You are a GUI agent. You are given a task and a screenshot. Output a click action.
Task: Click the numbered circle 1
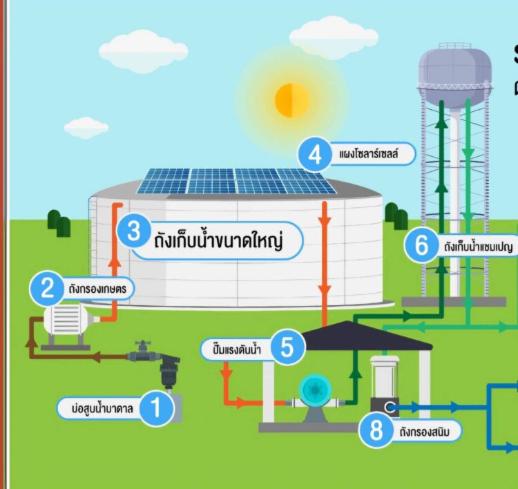[x=157, y=407]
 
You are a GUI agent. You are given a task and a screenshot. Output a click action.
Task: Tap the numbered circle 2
[x=48, y=288]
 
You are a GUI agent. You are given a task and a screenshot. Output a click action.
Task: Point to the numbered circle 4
[x=315, y=155]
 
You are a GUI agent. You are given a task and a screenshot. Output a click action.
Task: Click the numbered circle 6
[x=421, y=246]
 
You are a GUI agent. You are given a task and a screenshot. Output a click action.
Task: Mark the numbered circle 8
[x=376, y=432]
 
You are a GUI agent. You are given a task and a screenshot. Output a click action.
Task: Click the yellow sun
[x=291, y=100]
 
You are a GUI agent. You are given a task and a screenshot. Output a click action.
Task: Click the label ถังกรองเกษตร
[x=95, y=288]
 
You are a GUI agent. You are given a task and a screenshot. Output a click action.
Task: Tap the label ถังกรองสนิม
[x=428, y=433]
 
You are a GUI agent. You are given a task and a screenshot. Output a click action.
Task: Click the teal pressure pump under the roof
[x=317, y=394]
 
